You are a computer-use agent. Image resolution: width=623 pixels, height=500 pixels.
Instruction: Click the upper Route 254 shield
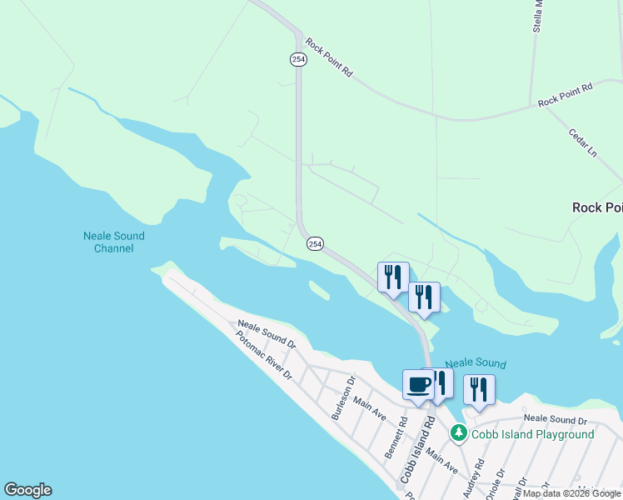(298, 59)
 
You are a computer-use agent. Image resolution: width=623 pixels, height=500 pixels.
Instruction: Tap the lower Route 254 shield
(315, 243)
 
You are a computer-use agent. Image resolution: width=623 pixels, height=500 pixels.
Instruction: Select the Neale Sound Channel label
(108, 242)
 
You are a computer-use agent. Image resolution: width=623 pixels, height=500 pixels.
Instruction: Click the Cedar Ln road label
(583, 142)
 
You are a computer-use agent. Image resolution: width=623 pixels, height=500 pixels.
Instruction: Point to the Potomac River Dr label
(264, 356)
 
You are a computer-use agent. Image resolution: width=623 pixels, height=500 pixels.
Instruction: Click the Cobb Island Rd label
(418, 449)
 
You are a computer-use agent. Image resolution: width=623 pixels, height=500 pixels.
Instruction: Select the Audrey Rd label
(473, 477)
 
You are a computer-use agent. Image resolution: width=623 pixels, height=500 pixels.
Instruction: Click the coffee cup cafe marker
(418, 384)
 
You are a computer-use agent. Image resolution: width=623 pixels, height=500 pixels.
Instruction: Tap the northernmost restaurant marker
(393, 277)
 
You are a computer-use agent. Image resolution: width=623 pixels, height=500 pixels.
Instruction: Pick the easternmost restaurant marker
(479, 389)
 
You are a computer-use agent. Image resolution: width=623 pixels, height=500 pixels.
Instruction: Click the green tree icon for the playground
(458, 433)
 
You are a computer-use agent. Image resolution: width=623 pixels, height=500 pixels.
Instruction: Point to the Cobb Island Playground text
(533, 434)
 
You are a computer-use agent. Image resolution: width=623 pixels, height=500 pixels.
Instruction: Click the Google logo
(27, 490)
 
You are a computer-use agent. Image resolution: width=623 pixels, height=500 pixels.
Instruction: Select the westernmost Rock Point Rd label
(329, 57)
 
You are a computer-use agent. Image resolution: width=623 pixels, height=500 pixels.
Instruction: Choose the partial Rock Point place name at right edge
(597, 207)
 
